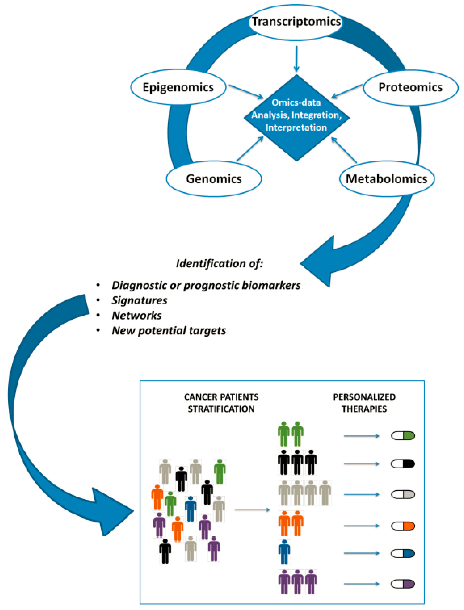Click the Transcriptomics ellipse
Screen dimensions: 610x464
pyautogui.click(x=296, y=22)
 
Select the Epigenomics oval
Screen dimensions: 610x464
pyautogui.click(x=178, y=87)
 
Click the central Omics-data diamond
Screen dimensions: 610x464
pyautogui.click(x=296, y=117)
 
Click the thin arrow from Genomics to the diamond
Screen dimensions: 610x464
pyautogui.click(x=250, y=149)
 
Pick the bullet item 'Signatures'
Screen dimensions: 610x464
pyautogui.click(x=140, y=300)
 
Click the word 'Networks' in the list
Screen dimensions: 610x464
pyautogui.click(x=137, y=315)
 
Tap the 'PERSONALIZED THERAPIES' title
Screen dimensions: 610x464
pyautogui.click(x=364, y=403)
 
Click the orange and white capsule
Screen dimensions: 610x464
pyautogui.click(x=403, y=526)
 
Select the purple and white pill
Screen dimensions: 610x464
pyautogui.click(x=403, y=584)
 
